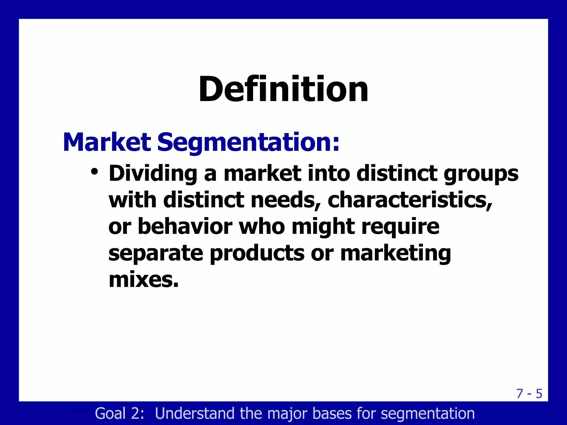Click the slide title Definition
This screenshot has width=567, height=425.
pyautogui.click(x=283, y=89)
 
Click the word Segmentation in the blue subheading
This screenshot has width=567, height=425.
pyautogui.click(x=248, y=143)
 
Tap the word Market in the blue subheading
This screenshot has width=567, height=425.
pyautogui.click(x=107, y=142)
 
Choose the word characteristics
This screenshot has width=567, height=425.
pyautogui.click(x=410, y=200)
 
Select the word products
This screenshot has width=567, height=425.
pyautogui.click(x=257, y=253)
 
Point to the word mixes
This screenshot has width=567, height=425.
pyautogui.click(x=143, y=280)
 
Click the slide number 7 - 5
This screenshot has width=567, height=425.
pyautogui.click(x=529, y=394)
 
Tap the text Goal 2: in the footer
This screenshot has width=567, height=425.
pyautogui.click(x=120, y=413)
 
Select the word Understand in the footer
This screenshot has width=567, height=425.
pyautogui.click(x=195, y=413)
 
